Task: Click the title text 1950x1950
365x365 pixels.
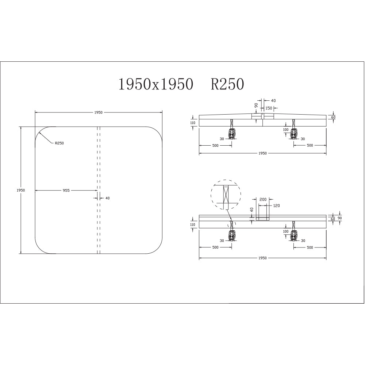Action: tap(155, 84)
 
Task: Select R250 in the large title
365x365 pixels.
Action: tap(227, 84)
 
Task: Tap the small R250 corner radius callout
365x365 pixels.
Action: tap(59, 143)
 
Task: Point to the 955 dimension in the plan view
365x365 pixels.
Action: tap(66, 190)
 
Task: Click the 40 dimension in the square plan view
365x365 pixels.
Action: tap(107, 198)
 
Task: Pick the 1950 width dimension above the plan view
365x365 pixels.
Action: tap(98, 112)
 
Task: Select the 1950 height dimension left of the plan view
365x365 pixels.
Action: tap(20, 190)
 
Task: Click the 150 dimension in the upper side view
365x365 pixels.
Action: tap(269, 108)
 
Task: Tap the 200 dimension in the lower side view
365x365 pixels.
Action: tap(262, 200)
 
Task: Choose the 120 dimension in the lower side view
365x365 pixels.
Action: tap(276, 206)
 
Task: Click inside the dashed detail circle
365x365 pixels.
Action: tap(226, 195)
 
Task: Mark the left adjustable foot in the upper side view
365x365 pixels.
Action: tap(232, 134)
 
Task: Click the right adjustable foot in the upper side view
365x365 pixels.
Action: tap(293, 134)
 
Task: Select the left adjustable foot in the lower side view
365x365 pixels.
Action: tap(232, 236)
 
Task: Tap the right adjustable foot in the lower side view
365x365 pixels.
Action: tap(293, 236)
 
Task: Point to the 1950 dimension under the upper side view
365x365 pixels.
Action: tap(262, 153)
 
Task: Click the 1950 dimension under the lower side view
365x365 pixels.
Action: tap(262, 258)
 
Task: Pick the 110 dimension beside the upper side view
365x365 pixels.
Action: tap(193, 123)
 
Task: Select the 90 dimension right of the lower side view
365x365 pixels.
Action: tap(340, 218)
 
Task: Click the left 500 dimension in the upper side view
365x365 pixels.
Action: tap(215, 145)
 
